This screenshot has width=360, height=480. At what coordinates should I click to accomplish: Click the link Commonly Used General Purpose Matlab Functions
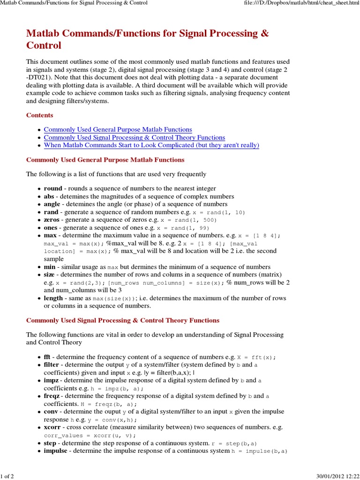click(118, 129)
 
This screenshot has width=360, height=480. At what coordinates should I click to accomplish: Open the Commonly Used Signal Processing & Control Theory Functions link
click(134, 137)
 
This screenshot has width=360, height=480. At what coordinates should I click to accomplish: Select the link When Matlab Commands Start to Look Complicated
click(151, 145)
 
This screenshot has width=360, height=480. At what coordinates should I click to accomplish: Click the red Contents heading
click(39, 115)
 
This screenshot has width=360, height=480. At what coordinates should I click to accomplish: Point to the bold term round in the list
click(53, 188)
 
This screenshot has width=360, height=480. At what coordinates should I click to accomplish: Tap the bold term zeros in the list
click(52, 219)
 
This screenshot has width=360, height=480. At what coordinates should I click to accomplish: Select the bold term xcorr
click(52, 427)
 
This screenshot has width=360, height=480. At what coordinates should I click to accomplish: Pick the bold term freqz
click(52, 396)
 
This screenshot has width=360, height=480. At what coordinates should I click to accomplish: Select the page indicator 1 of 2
click(8, 476)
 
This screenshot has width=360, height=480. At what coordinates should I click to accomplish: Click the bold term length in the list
click(53, 298)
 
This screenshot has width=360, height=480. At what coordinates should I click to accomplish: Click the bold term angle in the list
click(52, 204)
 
